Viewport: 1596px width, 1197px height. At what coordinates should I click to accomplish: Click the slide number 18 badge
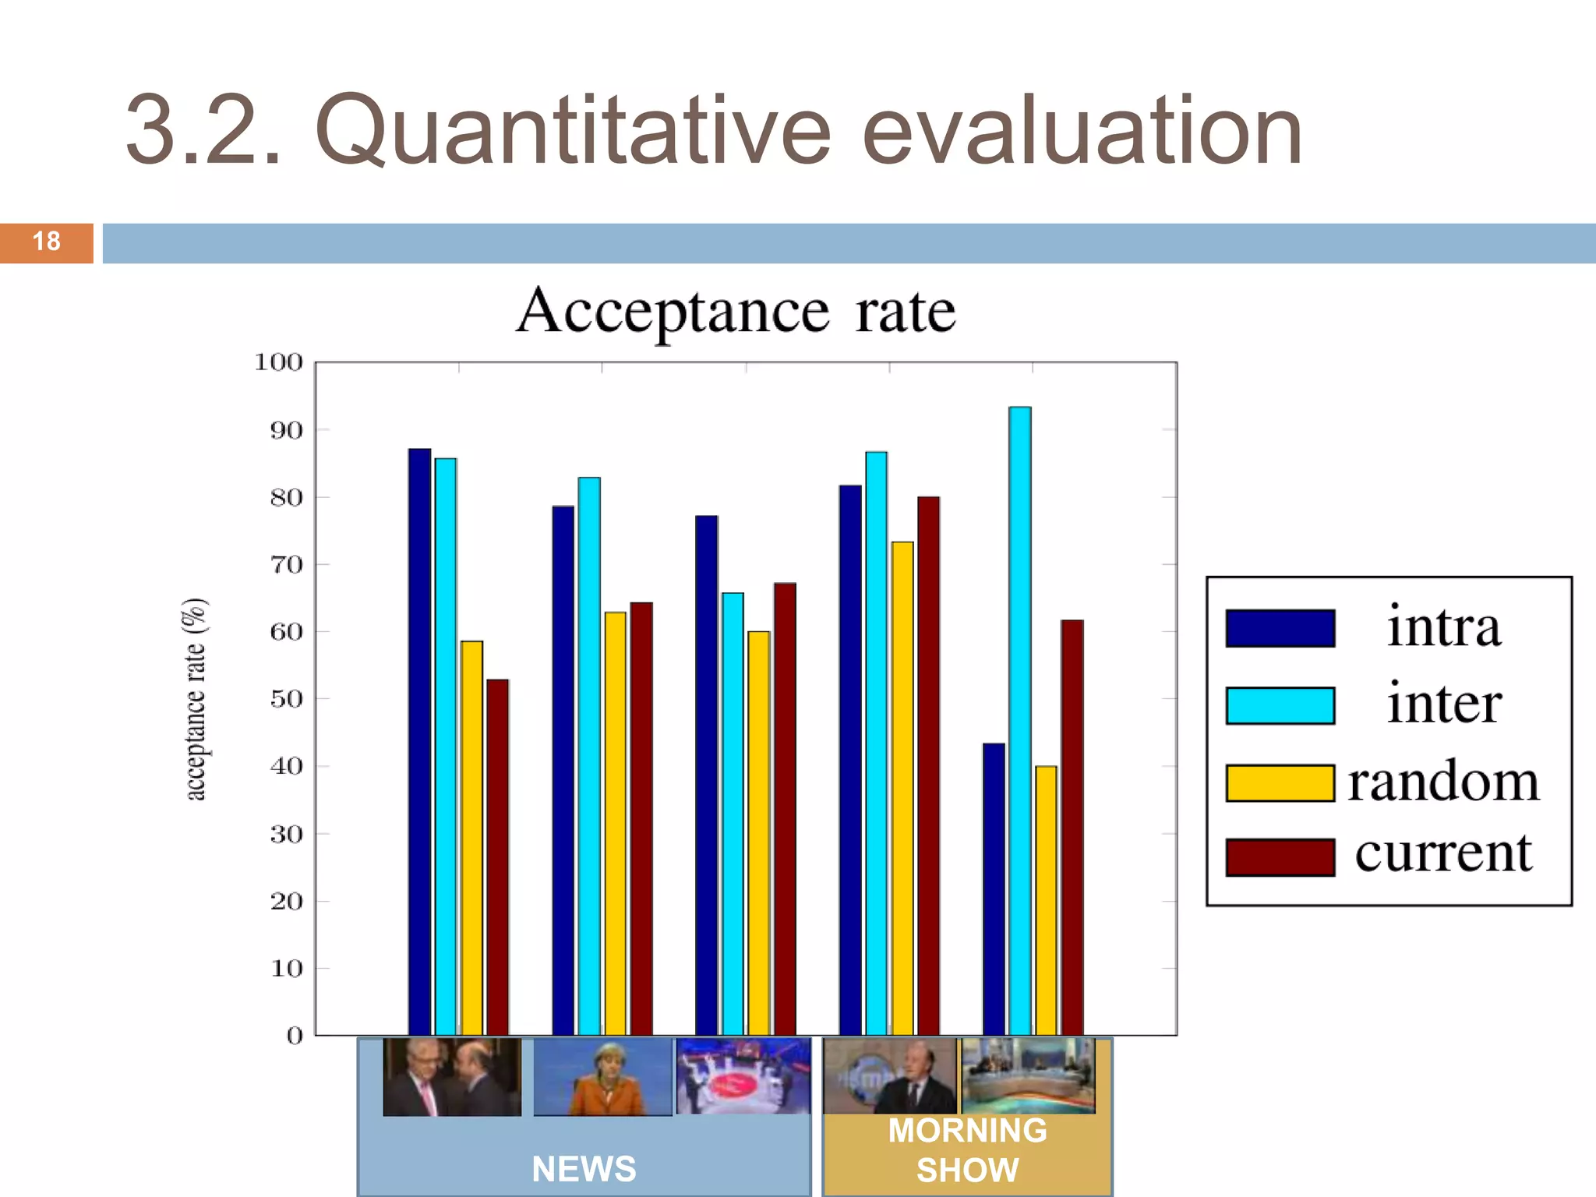47,242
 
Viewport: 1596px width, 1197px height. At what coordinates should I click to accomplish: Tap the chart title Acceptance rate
736,312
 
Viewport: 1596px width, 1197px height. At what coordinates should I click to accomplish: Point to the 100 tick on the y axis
278,362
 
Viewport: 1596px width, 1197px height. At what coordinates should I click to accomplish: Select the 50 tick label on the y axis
285,699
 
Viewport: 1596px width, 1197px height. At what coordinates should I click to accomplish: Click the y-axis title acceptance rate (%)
195,699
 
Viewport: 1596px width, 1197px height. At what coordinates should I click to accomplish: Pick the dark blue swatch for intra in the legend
1280,628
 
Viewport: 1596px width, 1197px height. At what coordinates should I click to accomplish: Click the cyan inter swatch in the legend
1280,705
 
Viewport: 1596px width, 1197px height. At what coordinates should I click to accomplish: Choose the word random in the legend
1443,782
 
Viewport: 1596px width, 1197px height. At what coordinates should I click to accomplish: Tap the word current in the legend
1443,853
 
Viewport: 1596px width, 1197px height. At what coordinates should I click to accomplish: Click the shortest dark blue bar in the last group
994,889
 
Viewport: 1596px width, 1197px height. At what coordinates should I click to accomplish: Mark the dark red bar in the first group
497,857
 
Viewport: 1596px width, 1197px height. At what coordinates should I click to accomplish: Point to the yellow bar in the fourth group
902,788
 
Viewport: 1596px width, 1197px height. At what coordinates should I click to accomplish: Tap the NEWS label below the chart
584,1169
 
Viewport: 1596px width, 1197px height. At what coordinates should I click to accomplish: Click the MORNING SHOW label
967,1150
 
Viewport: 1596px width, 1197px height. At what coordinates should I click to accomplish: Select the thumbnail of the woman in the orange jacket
602,1077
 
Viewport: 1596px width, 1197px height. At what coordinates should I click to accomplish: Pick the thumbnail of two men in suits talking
452,1077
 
